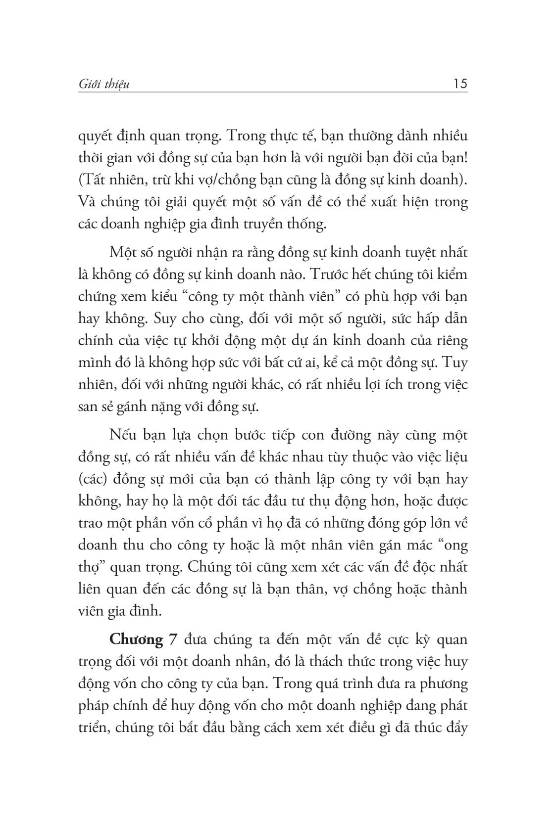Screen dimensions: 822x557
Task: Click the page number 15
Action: [x=459, y=84]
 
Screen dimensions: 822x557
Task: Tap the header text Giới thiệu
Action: [x=104, y=85]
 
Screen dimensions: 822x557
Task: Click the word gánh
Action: [x=129, y=407]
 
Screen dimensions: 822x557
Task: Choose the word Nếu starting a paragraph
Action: [x=122, y=436]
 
